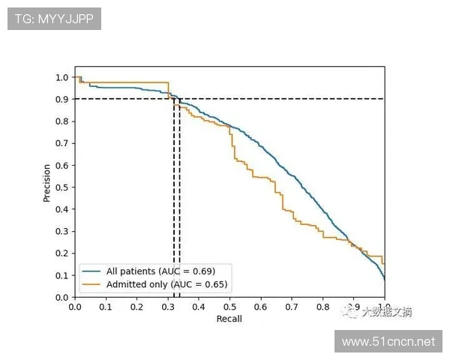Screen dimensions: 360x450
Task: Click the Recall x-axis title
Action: point(229,319)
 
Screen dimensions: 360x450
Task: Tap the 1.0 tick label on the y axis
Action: point(62,77)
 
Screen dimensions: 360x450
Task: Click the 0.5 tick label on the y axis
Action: point(62,187)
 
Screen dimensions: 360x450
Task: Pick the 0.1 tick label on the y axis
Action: point(62,275)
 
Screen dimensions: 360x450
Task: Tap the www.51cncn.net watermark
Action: point(388,342)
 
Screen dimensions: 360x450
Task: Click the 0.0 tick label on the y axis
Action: point(62,297)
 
